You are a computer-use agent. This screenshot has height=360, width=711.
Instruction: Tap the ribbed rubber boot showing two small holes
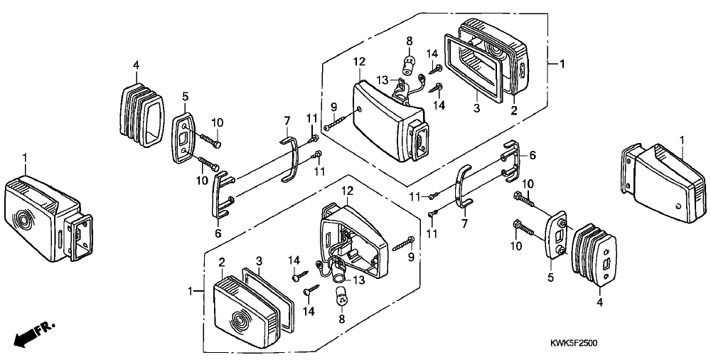pyautogui.click(x=594, y=255)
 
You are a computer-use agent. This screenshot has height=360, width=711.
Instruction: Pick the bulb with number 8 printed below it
pyautogui.click(x=341, y=297)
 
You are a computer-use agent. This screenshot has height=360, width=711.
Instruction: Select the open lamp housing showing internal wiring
pyautogui.click(x=353, y=240)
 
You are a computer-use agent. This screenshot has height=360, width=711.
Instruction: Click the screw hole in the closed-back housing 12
pyautogui.click(x=360, y=110)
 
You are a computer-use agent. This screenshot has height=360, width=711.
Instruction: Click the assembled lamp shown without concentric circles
pyautogui.click(x=662, y=183)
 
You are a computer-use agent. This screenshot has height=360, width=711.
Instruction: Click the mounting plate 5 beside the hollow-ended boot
pyautogui.click(x=184, y=135)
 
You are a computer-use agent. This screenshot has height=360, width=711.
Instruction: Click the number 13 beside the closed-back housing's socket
pyautogui.click(x=383, y=80)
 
